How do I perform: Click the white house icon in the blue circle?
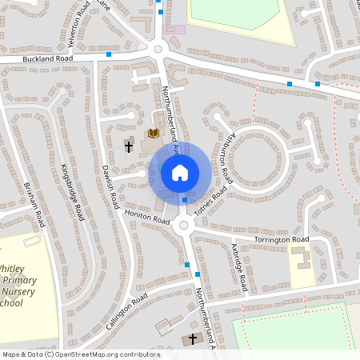(180, 172)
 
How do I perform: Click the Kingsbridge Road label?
(73, 192)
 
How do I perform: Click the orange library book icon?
(154, 133)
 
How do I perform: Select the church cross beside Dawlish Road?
(127, 146)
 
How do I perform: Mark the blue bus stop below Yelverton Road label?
(109, 54)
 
